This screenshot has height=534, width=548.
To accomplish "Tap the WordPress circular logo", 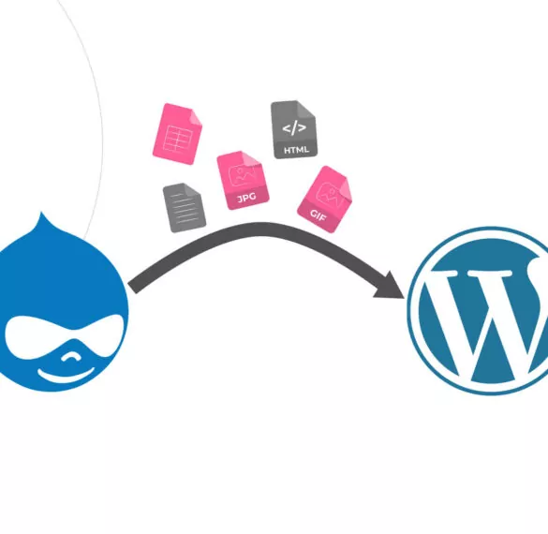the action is [x=482, y=311].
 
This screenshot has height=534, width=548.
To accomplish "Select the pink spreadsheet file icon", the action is [x=177, y=134].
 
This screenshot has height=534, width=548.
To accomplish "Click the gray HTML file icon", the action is [x=294, y=129].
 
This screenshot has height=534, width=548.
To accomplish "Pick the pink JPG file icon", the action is [x=243, y=180].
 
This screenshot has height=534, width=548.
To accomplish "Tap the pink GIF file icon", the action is [x=324, y=200].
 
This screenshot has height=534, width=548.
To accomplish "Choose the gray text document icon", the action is [x=185, y=207].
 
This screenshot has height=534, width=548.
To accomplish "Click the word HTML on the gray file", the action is [x=296, y=150].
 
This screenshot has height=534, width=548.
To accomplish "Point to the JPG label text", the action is [x=246, y=198].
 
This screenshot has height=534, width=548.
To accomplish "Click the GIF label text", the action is [x=318, y=215].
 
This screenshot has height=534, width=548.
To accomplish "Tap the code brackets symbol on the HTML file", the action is [x=294, y=127].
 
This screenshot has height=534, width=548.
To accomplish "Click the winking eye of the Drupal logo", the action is [x=70, y=356].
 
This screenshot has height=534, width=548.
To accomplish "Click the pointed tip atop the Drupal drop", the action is [x=41, y=213].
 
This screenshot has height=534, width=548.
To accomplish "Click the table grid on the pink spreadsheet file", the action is [x=178, y=138].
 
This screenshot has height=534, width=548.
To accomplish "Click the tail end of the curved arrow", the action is [x=133, y=288].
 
